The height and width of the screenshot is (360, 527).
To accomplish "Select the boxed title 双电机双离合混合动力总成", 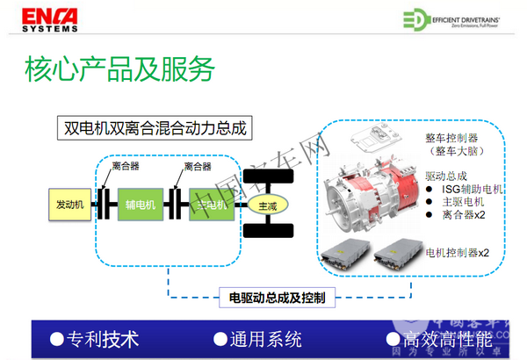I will [x=152, y=128].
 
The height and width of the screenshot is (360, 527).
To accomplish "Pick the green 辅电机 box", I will [x=140, y=205].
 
